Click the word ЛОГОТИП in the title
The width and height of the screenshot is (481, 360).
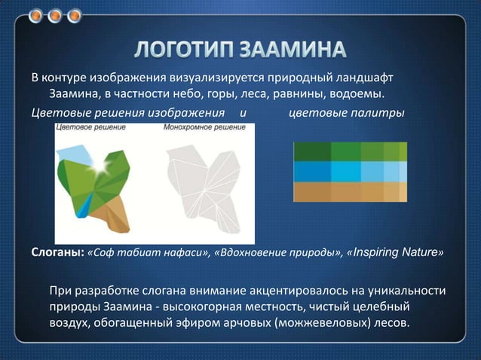pyautogui.click(x=185, y=50)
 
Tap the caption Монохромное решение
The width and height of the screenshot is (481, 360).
pyautogui.click(x=204, y=128)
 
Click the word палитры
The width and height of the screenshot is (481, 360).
pyautogui.click(x=384, y=111)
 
